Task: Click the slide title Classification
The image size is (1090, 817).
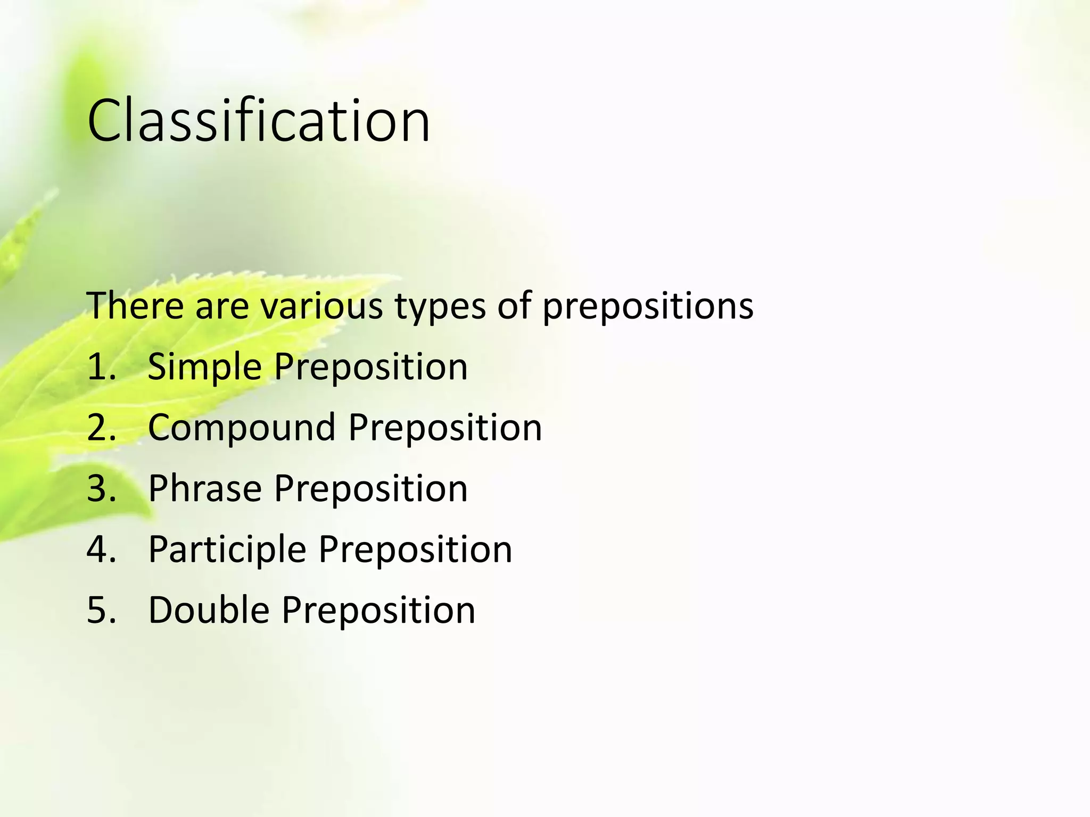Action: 259,121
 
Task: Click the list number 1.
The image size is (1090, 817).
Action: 100,367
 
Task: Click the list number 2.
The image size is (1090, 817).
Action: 101,428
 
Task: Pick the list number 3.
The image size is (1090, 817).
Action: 101,488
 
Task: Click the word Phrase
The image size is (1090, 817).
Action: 205,488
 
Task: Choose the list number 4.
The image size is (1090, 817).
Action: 101,549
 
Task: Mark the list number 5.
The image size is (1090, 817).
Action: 101,610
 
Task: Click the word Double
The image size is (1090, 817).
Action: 209,610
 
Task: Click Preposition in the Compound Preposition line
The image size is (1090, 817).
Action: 445,428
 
